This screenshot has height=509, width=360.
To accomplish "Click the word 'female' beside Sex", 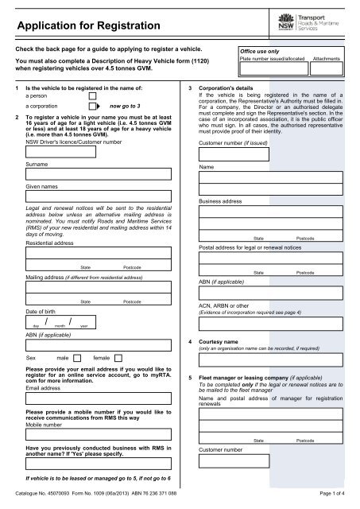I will pos(102,357).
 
